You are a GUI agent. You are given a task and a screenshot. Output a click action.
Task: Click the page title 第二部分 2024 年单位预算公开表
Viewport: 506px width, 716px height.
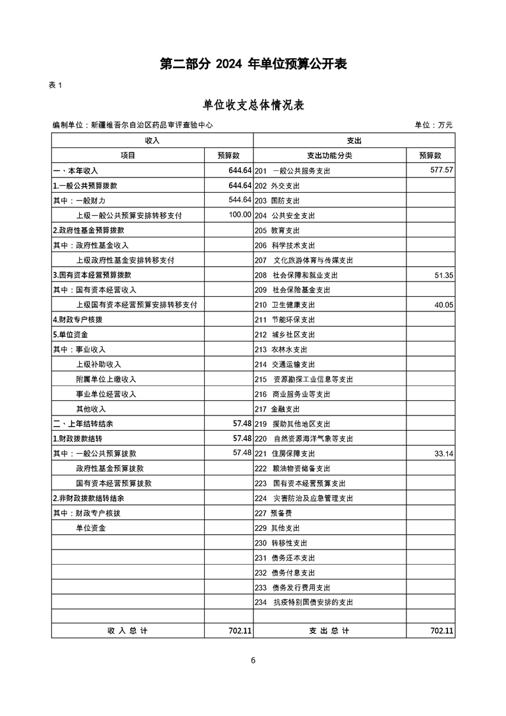(253, 64)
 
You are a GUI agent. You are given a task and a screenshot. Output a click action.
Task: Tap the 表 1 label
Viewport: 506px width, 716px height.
(56, 86)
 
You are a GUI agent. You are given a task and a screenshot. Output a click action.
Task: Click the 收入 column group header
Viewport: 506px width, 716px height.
(152, 140)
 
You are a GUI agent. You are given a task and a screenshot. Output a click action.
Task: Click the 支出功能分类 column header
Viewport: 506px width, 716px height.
(329, 155)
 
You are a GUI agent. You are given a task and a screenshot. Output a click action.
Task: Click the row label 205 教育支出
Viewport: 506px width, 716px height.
(277, 230)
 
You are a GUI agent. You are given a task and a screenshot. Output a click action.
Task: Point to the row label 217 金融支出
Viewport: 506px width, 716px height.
(277, 409)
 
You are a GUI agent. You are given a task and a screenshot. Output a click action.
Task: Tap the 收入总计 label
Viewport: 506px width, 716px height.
(128, 630)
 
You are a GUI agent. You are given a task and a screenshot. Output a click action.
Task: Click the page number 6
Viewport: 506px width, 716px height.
(253, 660)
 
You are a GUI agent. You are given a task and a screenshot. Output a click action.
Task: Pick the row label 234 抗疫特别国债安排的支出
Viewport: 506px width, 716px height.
(304, 602)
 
